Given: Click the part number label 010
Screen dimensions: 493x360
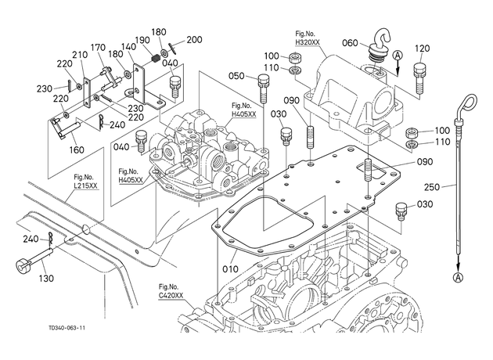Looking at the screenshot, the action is [231, 269].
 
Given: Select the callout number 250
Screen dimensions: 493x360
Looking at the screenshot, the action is [432, 187].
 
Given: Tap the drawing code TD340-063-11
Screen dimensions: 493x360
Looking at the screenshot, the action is [67, 328].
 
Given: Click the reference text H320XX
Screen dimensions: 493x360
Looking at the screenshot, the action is [308, 42].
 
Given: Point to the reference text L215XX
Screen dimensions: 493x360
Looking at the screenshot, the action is [86, 185].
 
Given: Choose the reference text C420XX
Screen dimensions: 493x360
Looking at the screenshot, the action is [171, 295].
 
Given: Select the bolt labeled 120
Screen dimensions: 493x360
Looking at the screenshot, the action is [419, 77].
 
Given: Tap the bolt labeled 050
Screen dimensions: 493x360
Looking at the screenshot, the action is [264, 88].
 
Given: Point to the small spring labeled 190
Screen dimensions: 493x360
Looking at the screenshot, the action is [155, 59].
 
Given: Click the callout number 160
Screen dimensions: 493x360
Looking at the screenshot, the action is [77, 149].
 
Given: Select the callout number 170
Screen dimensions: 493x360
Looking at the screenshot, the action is [99, 48].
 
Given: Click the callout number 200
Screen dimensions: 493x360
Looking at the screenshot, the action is [194, 40].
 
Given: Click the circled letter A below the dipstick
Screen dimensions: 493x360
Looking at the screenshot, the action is [458, 277].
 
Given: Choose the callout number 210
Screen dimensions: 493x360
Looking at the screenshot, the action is [80, 55].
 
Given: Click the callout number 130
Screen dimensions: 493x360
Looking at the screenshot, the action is [46, 279].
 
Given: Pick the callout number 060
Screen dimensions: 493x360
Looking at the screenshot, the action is [350, 43].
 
